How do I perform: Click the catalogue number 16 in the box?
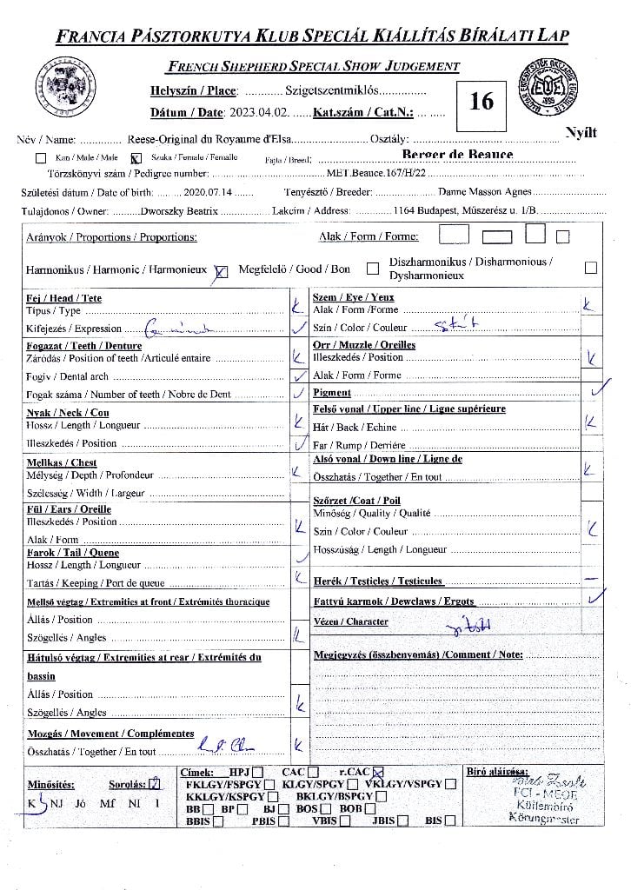pyautogui.click(x=481, y=102)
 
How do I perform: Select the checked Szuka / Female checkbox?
pyautogui.click(x=135, y=159)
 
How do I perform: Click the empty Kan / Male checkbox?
pyautogui.click(x=40, y=159)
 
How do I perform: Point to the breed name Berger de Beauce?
pyautogui.click(x=457, y=155)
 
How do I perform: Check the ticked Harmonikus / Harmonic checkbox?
pyautogui.click(x=220, y=270)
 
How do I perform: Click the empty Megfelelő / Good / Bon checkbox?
pyautogui.click(x=373, y=269)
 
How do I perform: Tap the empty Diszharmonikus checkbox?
pyautogui.click(x=591, y=268)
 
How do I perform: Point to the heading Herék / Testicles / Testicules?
pyautogui.click(x=378, y=581)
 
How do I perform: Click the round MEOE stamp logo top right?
pyautogui.click(x=554, y=88)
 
